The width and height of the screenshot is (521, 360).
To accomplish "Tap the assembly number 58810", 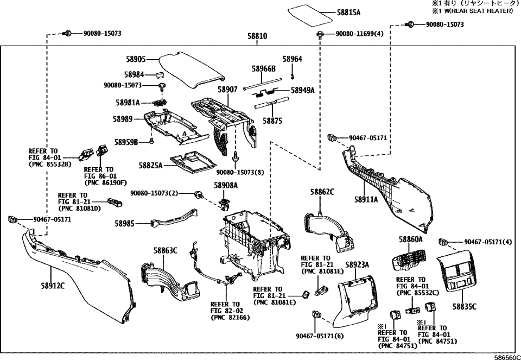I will coord(257,36).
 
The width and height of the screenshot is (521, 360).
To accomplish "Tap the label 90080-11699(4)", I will coord(359,34).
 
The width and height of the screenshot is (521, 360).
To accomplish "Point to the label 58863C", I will coord(165,250).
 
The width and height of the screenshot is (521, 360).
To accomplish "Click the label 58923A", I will coord(357,264).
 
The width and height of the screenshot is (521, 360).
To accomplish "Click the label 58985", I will coord(127,223).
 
